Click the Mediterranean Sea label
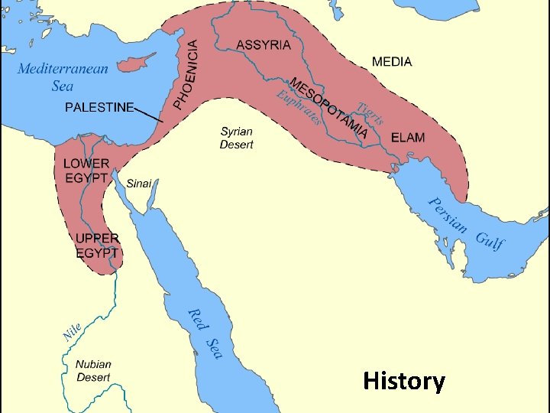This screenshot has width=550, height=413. point(63,76)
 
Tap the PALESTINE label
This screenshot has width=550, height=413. point(99,107)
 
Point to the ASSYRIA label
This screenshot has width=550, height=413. point(264,44)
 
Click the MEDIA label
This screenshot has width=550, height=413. point(392,61)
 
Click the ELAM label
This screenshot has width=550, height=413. point(408,138)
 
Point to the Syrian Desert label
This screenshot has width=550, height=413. point(237,138)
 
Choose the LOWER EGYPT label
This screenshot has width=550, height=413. point(86,171)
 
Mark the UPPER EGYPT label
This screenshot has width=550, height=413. point(97,245)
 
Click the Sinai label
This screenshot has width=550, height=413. point(139,183)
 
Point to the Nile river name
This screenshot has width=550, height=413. point(71,332)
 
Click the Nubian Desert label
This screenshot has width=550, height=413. point(93,371)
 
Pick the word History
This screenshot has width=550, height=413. point(404,380)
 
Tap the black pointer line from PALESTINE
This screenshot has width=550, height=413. point(149,115)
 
